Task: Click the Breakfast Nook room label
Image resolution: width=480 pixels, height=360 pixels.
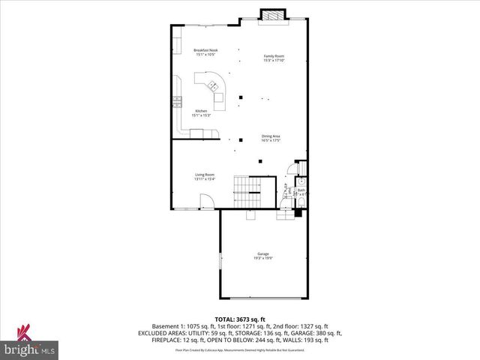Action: click(205, 52)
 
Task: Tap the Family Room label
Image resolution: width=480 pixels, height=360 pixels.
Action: click(273, 58)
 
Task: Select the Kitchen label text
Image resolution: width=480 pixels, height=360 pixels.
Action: click(201, 113)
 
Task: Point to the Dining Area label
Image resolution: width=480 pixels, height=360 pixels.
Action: click(271, 138)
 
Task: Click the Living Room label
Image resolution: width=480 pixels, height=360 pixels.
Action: click(205, 176)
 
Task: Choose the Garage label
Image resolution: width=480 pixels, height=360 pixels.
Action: click(263, 256)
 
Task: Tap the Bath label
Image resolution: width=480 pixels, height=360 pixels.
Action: click(301, 191)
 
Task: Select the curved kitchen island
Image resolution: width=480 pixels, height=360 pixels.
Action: click(211, 85)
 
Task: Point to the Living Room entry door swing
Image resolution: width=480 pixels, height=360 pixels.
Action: click(208, 201)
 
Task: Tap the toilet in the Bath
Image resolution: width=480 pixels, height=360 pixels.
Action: click(301, 181)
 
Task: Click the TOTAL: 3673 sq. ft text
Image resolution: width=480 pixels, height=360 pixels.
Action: click(239, 319)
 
